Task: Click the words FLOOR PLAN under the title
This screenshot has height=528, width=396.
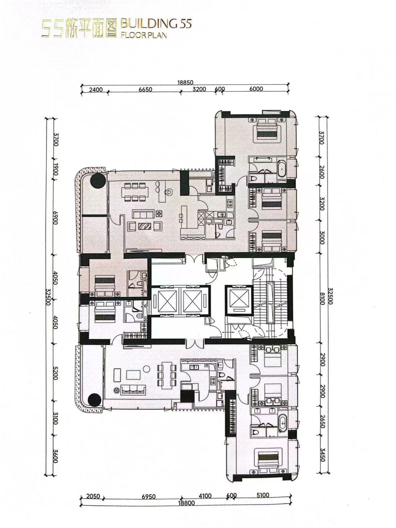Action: pos(143,34)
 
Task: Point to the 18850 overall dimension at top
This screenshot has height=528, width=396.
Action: pos(185,83)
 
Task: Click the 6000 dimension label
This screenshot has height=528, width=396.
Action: pos(256,89)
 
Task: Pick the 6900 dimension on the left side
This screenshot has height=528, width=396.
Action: pos(56,218)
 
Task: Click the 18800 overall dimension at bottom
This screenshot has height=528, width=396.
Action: pos(186,503)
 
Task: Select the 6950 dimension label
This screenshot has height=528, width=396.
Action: pos(148,497)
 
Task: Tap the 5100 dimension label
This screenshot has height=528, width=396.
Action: pos(263,495)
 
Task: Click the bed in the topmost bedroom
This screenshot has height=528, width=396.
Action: pos(267,130)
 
